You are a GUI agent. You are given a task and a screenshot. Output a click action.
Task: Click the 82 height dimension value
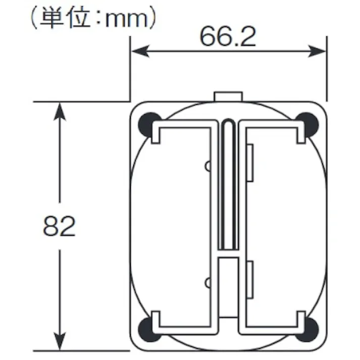[59, 227]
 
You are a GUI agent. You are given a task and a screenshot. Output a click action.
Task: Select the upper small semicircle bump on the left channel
[207, 166]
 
